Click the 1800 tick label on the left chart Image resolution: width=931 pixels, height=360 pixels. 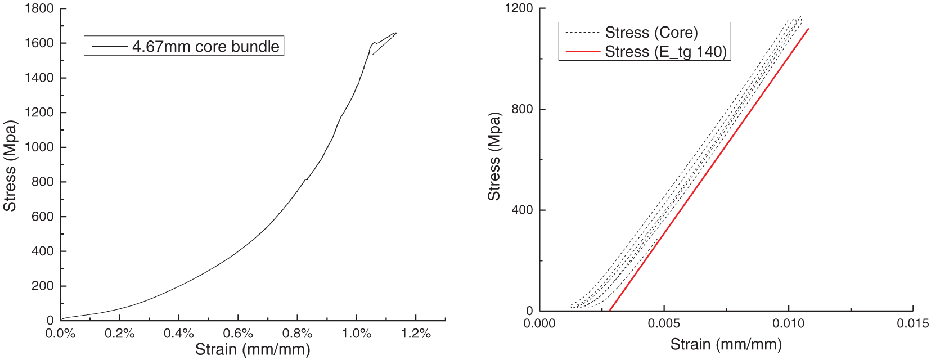point(39,9)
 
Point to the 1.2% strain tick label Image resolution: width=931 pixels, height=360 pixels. point(416,333)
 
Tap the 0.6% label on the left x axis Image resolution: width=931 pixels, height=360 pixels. point(238,333)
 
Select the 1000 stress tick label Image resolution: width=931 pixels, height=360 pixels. point(39,147)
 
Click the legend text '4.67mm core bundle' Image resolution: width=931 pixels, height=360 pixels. point(205,46)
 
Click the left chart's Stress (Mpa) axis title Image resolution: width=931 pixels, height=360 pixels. point(10,166)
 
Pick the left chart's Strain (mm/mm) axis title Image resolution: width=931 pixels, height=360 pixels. point(253,350)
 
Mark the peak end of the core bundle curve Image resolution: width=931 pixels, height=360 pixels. point(396,33)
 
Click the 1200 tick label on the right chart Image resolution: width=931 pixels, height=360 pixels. point(519,8)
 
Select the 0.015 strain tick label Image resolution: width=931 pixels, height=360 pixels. point(912,323)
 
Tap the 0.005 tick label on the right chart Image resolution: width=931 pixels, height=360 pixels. point(664,323)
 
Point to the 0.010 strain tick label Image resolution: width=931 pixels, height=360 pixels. point(788,323)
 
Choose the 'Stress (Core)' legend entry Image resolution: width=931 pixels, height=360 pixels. point(651,33)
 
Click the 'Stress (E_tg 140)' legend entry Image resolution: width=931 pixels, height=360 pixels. point(666,52)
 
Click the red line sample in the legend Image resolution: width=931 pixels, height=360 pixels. point(583,52)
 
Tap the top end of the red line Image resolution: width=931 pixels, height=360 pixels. point(808,29)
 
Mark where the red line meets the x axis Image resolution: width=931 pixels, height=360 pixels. point(610,310)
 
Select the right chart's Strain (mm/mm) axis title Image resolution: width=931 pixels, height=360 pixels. point(726,344)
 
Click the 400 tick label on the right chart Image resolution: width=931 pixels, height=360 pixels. point(522,210)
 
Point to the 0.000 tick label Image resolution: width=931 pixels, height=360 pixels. point(539,323)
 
